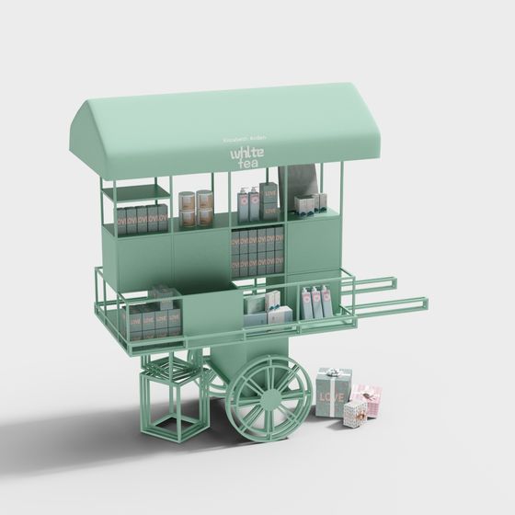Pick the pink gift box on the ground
(x=367, y=399)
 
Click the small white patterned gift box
(x=354, y=414)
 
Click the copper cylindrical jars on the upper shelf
(x=195, y=209)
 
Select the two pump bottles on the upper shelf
(x=248, y=204)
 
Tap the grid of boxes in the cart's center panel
(x=257, y=252)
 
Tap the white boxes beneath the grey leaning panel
(x=310, y=203)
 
